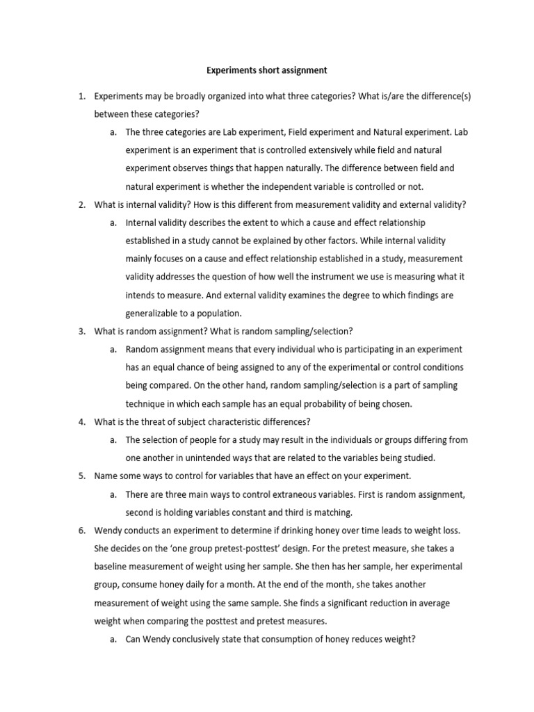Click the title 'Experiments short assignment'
[x=266, y=70]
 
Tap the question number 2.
[x=81, y=204]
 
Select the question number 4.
[x=81, y=421]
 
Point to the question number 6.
[x=81, y=530]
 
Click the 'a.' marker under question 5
[x=113, y=494]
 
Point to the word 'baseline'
[x=112, y=566]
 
